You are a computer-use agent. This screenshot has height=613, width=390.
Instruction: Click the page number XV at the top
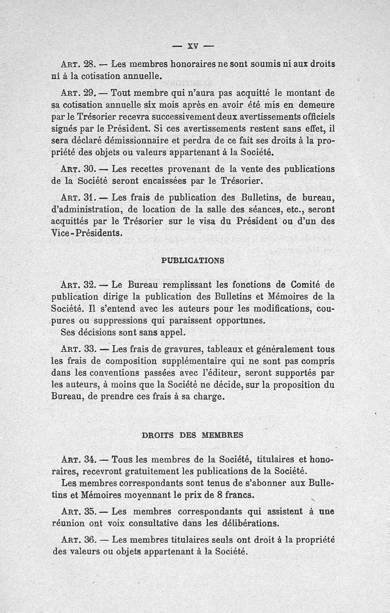[194, 47]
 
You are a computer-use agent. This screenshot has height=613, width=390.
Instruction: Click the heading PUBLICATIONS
[193, 260]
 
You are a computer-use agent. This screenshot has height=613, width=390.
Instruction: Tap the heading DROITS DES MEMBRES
[192, 435]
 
